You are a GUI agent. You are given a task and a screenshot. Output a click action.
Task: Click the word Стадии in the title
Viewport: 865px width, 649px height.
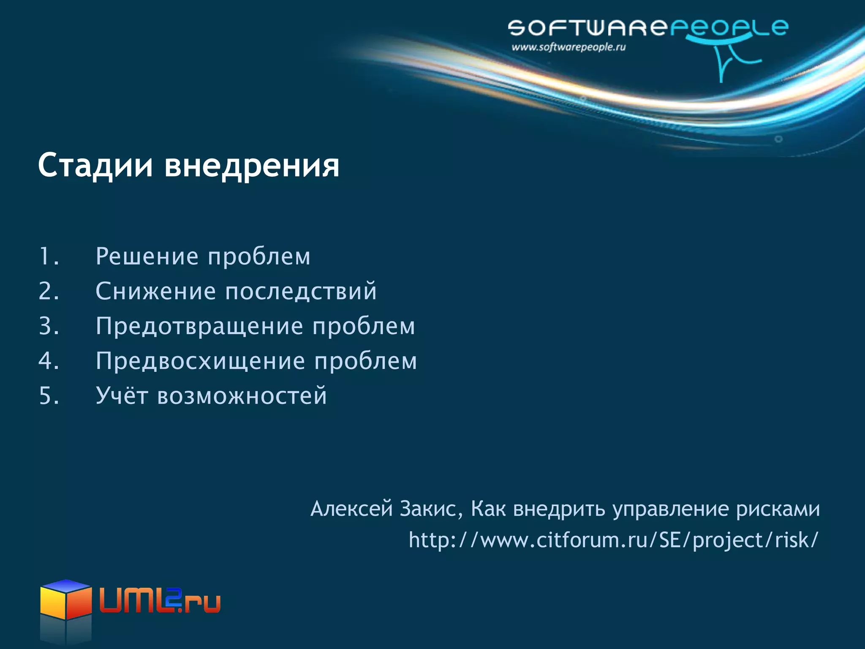point(95,166)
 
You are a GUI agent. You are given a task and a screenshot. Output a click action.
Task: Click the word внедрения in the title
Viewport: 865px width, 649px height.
point(252,166)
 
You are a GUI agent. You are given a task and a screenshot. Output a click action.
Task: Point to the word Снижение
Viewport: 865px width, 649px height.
point(156,291)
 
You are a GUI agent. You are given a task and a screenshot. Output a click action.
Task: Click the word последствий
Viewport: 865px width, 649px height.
point(301,291)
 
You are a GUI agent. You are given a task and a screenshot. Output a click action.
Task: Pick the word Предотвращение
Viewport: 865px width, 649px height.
point(199,326)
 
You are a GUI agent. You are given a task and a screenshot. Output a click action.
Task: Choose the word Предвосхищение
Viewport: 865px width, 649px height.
point(200,361)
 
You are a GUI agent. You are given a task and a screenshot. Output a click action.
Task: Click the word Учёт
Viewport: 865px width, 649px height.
point(122,396)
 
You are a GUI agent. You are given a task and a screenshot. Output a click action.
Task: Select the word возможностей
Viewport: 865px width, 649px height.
point(242,396)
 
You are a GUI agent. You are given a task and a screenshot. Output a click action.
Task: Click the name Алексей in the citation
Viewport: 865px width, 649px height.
point(351,508)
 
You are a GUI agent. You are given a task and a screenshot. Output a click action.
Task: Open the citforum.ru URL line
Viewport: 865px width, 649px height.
point(613,540)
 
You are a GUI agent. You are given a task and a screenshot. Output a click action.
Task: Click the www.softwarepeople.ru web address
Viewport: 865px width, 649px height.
point(569,47)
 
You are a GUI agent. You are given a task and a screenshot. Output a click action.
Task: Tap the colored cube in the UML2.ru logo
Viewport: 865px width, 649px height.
point(66,600)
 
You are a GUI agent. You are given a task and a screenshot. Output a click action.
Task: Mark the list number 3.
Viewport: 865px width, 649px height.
point(48,326)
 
